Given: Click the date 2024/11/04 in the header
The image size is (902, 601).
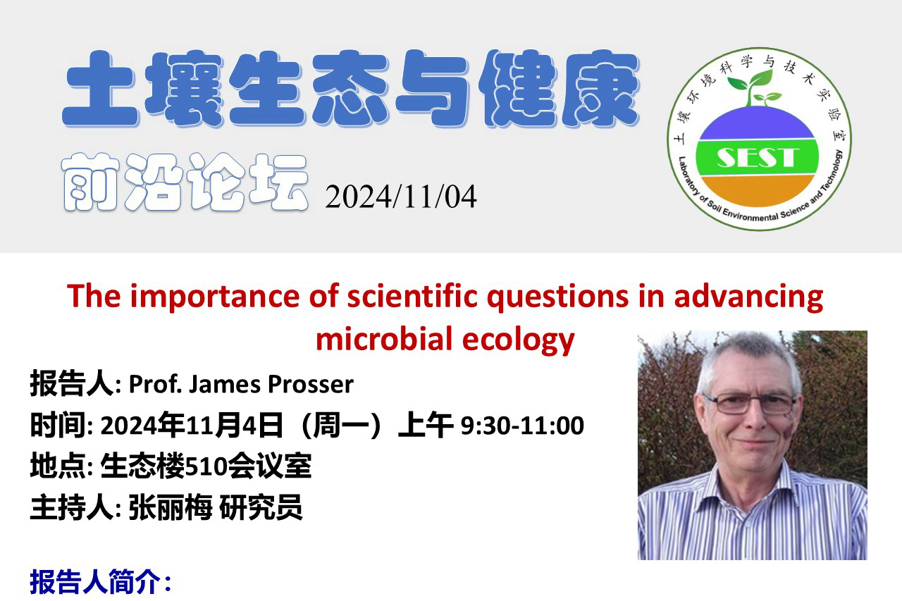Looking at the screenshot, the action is [x=401, y=197].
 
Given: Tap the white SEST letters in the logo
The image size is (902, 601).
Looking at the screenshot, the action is [x=757, y=157].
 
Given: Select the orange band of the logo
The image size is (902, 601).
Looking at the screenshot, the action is [x=757, y=190].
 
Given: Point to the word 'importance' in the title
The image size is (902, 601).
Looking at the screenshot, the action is [x=215, y=297].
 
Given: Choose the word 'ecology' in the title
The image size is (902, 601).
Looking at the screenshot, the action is [x=519, y=340].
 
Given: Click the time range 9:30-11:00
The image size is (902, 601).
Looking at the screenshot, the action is [x=522, y=426].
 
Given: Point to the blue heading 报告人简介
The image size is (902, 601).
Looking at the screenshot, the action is [x=95, y=582].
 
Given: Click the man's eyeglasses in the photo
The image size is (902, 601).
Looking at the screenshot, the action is [x=749, y=404].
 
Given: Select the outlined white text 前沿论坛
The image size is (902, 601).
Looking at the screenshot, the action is [x=185, y=182].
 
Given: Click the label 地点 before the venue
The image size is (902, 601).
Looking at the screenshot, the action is [x=58, y=466].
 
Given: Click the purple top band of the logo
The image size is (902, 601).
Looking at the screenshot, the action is [x=757, y=125].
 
